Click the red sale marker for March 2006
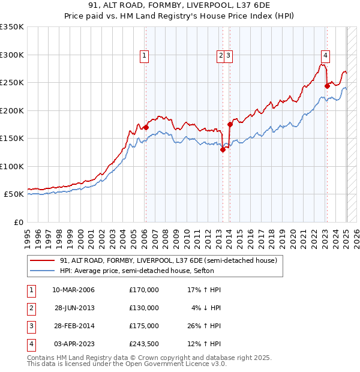(146, 127)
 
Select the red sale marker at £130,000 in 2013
(223, 150)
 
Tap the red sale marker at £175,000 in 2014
(230, 125)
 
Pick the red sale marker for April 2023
(327, 86)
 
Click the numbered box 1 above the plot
(145, 56)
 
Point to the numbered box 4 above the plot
(325, 56)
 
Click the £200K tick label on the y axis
(12, 110)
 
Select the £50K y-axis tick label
(14, 194)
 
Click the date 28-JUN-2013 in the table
(74, 308)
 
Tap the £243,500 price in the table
(144, 344)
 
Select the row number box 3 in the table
(31, 326)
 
